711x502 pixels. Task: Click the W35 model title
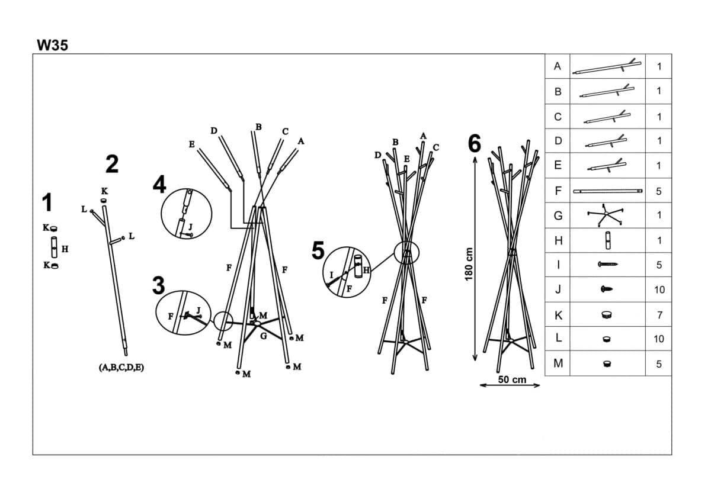pos(52,46)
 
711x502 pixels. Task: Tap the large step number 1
pos(47,202)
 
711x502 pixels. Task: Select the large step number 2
pos(112,164)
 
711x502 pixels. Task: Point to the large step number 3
pos(159,285)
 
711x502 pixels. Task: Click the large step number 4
pos(159,185)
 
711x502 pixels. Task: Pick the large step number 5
pos(318,250)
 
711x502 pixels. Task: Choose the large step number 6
pos(475,144)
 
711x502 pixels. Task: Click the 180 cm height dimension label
pos(469,264)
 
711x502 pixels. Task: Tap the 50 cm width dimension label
pos(512,379)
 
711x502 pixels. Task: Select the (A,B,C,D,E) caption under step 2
pos(121,367)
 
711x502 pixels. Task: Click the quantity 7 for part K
pos(659,315)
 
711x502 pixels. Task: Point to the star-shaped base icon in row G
pos(606,215)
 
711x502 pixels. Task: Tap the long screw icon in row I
pos(608,264)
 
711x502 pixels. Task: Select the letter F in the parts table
pos(558,191)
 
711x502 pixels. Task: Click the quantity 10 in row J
pos(659,289)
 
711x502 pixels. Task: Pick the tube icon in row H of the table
pos(607,240)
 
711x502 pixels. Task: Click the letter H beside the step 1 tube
pos(65,249)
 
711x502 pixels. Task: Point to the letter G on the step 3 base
pos(264,336)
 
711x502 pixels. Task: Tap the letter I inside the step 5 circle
pos(331,275)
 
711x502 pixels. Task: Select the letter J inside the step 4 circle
pos(190,227)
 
